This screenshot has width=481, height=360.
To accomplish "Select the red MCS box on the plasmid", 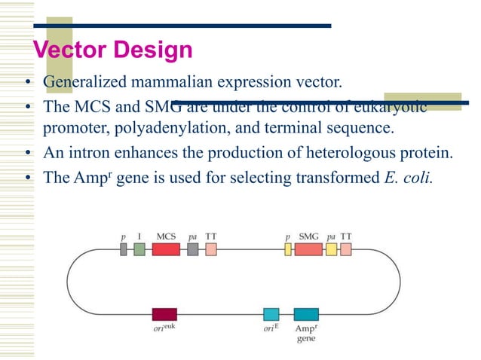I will (x=166, y=249).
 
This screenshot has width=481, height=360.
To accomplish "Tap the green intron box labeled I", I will (x=139, y=249).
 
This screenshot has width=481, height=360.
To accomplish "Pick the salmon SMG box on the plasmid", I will (x=308, y=249).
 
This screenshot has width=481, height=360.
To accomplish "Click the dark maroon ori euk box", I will (x=164, y=314).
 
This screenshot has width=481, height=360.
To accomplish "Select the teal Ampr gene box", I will (x=305, y=314).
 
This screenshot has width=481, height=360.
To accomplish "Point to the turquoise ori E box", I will (x=271, y=314).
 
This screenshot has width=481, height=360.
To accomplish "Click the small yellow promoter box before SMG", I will (x=287, y=249).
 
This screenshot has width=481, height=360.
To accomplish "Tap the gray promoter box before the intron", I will (x=124, y=249).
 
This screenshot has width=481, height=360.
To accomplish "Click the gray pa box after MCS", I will (x=193, y=249).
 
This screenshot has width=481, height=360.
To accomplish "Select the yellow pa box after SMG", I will (x=331, y=249).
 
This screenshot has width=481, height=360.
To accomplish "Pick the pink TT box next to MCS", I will (x=211, y=249).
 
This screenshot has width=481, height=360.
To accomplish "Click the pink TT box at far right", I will (x=346, y=249).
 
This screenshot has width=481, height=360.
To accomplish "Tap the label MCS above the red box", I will (x=166, y=236).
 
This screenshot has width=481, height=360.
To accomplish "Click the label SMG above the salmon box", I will (x=309, y=236).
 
